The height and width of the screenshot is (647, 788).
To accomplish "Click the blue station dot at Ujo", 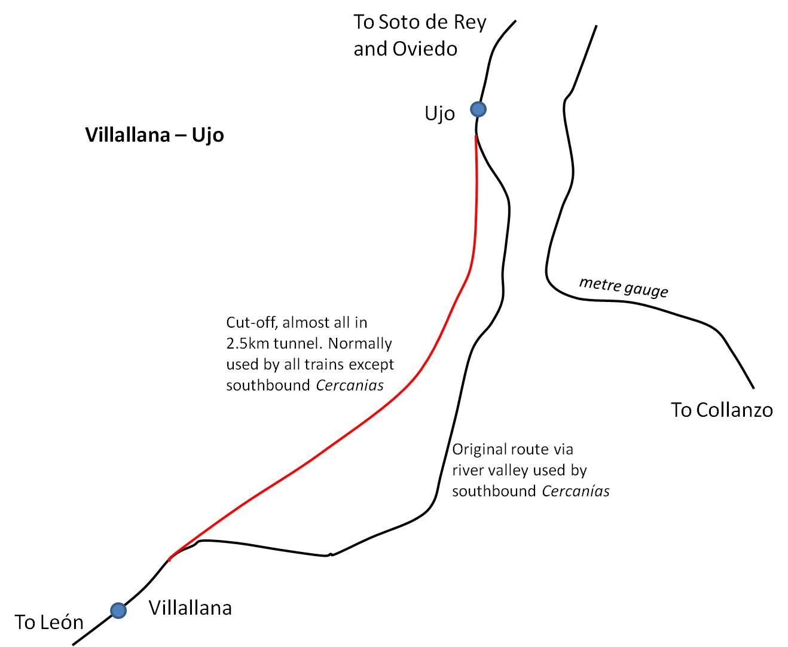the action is (x=478, y=109).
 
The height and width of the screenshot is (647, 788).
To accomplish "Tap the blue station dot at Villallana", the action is (x=118, y=611).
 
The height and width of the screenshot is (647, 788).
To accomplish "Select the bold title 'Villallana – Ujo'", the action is (x=154, y=135).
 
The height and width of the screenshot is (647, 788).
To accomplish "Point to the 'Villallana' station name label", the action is (x=190, y=608).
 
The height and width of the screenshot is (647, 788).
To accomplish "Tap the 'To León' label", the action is (x=49, y=622).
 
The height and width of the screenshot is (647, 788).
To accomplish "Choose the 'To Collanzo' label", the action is (x=722, y=410).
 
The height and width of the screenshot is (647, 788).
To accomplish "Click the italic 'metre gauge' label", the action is (x=623, y=287).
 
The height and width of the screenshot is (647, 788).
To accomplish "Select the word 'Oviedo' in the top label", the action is (x=425, y=49).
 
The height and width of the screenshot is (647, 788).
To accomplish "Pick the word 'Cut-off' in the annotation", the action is (x=252, y=322).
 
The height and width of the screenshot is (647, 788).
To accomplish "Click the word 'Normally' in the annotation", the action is (x=360, y=343).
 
